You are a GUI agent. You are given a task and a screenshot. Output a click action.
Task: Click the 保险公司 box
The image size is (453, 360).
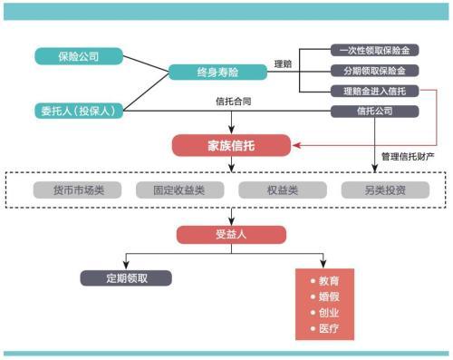click(79, 56)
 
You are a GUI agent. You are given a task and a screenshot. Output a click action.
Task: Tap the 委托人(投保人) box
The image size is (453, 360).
click(79, 111)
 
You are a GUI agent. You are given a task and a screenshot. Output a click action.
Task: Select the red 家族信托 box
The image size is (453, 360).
click(231, 144)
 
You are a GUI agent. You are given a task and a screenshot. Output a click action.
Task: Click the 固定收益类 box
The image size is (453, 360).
click(179, 190)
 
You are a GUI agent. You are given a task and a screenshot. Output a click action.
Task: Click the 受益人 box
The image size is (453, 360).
click(231, 235)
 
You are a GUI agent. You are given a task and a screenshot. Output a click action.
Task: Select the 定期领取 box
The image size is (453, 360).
click(125, 278)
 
